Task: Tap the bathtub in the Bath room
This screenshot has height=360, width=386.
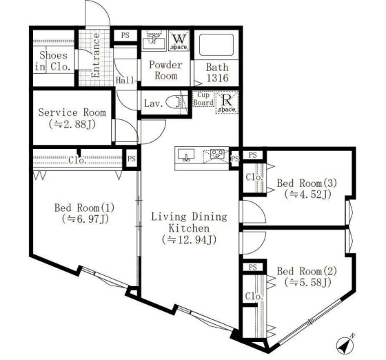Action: coord(216,45)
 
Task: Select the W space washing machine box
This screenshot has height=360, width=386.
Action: coord(179,41)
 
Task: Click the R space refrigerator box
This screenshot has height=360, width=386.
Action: coord(227,102)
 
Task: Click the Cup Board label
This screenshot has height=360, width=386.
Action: coord(203,99)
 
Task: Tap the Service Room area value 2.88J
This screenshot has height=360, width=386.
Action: coord(72,124)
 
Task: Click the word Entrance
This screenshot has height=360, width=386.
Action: coord(95,55)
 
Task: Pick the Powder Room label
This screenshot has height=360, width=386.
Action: coord(166,70)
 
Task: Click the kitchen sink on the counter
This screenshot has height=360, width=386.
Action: coord(186,155)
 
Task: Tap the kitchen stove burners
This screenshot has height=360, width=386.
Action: coord(217,154)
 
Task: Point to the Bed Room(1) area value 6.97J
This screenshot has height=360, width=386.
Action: coord(85,219)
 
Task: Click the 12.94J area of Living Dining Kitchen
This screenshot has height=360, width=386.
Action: coord(190,239)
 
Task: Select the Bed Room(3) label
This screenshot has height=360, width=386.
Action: coord(307,183)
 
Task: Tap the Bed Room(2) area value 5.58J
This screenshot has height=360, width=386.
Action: coord(307,282)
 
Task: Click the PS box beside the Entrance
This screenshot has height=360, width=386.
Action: coord(125,36)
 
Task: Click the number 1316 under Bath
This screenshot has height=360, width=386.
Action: coord(218,78)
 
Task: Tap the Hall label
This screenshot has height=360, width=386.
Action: coord(125,80)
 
